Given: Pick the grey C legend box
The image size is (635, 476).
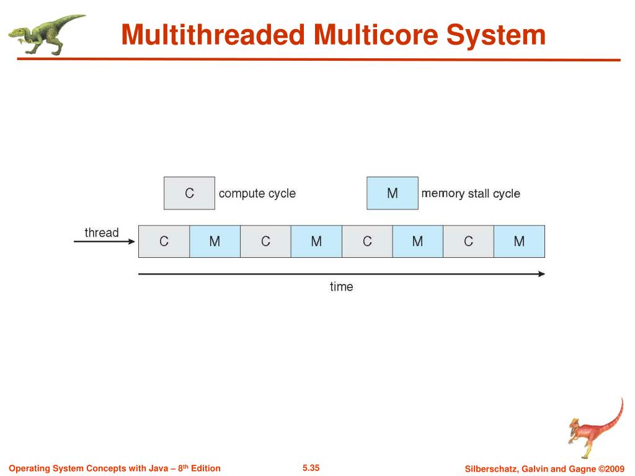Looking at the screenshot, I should (189, 193).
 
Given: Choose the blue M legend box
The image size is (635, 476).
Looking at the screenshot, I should (392, 193).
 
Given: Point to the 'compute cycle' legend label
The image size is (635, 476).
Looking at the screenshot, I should (257, 193).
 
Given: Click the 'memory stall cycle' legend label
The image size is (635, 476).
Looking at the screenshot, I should (471, 193).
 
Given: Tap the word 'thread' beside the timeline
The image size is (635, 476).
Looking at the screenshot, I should (102, 233).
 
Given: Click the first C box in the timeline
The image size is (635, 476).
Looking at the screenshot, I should (164, 242).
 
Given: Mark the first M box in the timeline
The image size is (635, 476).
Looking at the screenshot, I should (215, 242).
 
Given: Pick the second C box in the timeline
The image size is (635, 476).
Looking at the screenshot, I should (265, 242).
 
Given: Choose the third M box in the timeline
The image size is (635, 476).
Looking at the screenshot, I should (417, 242).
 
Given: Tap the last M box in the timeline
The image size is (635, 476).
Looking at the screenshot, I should (519, 242).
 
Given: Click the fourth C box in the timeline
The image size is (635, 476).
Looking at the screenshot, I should (468, 242).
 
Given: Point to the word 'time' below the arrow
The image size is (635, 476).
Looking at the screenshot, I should (341, 287).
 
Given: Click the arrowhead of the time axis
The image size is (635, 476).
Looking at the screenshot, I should (541, 273).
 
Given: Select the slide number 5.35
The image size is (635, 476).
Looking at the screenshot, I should (311, 468).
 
